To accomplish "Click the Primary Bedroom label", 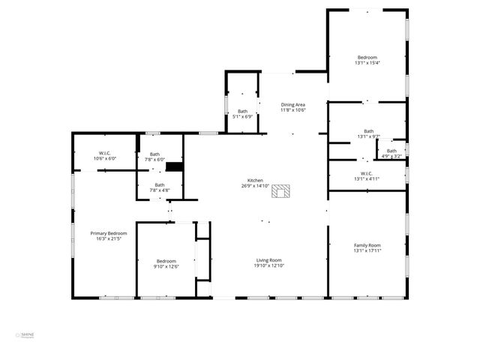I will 109,233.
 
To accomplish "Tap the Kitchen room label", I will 256,181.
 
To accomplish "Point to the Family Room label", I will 367,245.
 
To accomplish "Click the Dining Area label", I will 293,104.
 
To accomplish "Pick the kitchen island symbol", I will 281,192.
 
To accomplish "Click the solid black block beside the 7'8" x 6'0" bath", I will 175,166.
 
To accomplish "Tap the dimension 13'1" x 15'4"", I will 367,63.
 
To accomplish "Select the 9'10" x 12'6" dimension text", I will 165,266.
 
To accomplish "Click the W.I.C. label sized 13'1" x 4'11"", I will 367,178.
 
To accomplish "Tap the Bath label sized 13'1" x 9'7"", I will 368,130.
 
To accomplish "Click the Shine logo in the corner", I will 27,336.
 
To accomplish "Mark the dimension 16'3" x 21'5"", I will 109,239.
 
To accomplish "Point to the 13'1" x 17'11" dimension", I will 367,251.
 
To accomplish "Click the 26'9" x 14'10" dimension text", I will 256,186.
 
